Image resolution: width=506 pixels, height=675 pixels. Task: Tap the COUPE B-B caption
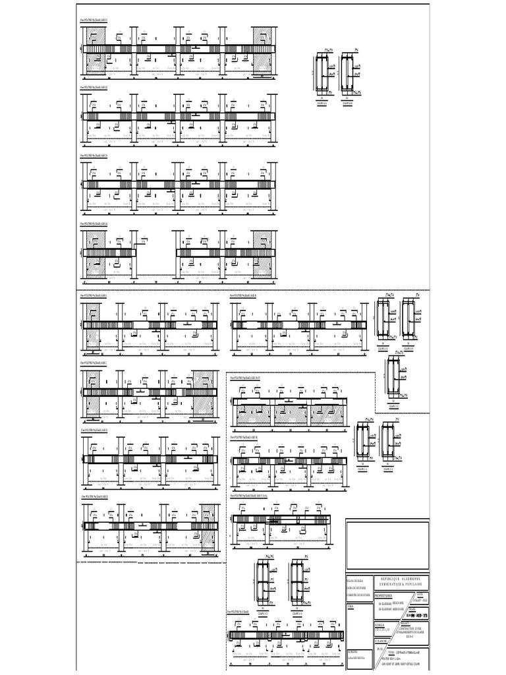[x=349, y=103]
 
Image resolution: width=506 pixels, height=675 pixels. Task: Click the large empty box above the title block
[x=387, y=546]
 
